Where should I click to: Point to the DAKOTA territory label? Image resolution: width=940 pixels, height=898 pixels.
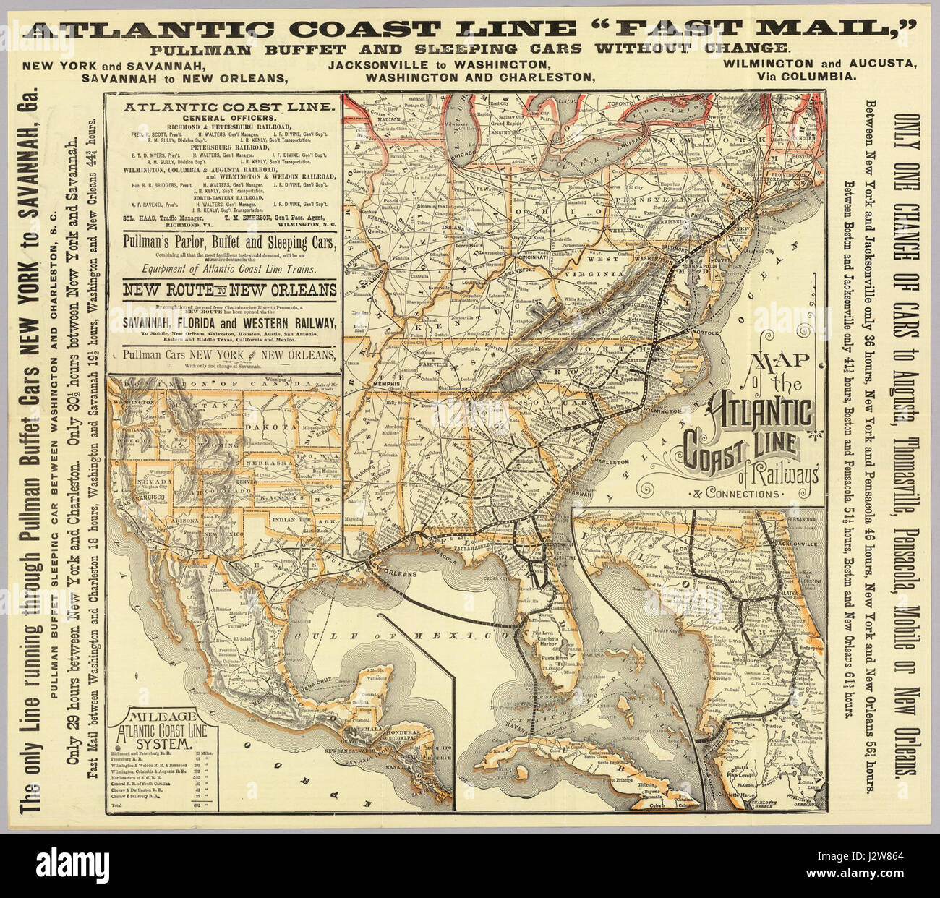pos(262,427)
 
